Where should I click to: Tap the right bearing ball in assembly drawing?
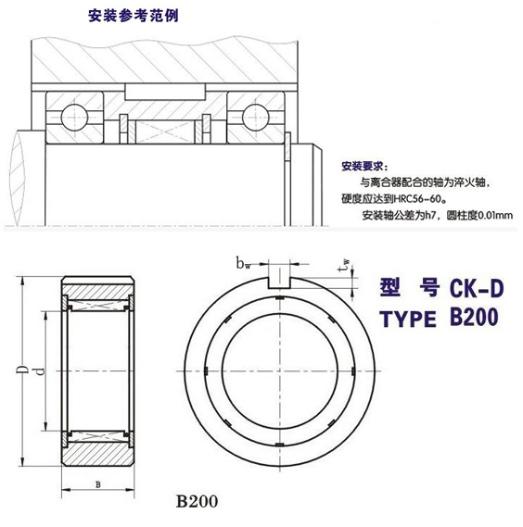[256, 116]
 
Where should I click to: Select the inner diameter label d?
[38, 372]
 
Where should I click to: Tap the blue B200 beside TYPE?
[474, 318]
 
